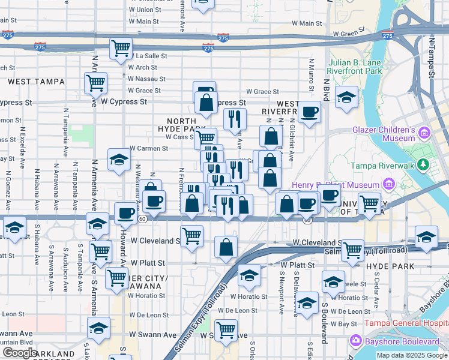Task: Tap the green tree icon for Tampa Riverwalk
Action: [x=423, y=164]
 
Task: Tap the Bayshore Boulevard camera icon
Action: [x=355, y=341]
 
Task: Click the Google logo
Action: [x=20, y=353]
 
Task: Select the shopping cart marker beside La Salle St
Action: [x=121, y=49]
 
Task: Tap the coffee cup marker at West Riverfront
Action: [x=309, y=112]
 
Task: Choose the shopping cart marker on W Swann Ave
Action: [x=226, y=329]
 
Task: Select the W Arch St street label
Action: [x=143, y=68]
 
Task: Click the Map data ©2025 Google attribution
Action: [x=412, y=355]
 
